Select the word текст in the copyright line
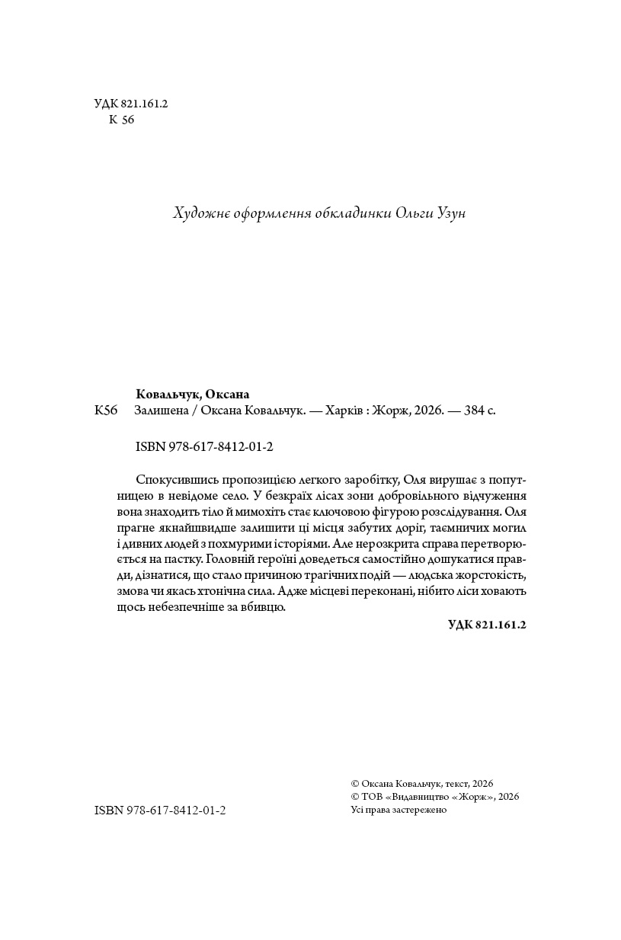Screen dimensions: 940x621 [453, 783]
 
